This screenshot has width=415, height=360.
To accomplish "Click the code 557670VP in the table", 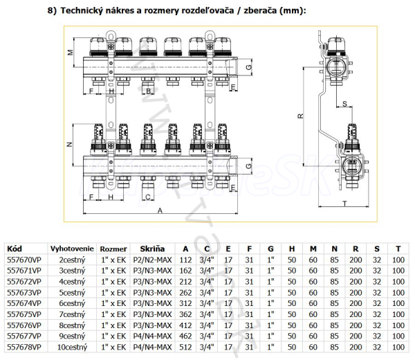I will coord(21,260).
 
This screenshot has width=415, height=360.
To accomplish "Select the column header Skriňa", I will coord(154,249).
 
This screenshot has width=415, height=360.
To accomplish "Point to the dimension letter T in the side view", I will coord(344,203).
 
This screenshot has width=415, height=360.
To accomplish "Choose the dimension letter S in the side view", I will coord(344,104).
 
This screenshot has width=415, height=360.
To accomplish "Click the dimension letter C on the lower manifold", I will coord(147,197).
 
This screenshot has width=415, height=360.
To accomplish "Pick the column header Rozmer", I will coord(113,249).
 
